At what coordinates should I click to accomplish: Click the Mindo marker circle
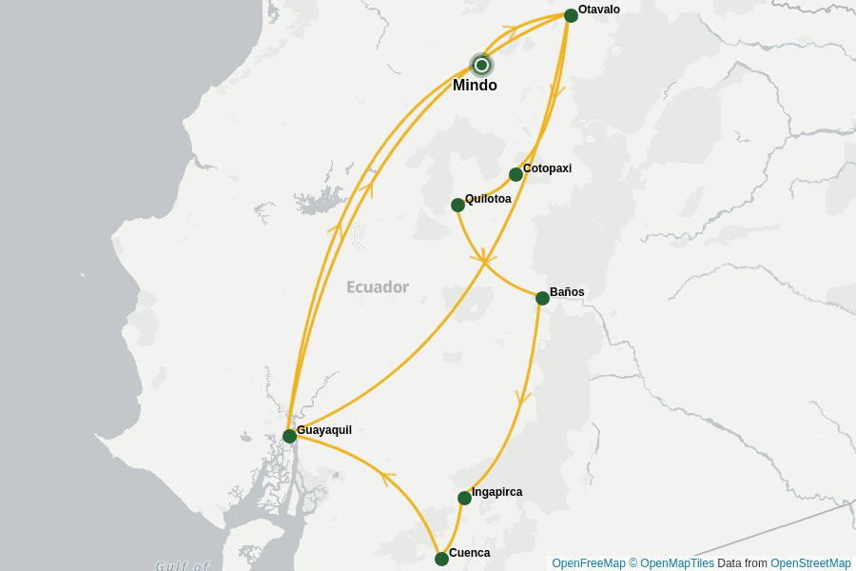pyautogui.click(x=482, y=65)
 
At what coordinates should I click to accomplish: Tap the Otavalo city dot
pyautogui.click(x=571, y=15)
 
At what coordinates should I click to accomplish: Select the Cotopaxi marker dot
pyautogui.click(x=516, y=174)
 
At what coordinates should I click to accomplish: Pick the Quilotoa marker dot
pyautogui.click(x=457, y=205)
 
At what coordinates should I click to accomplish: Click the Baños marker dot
pyautogui.click(x=542, y=298)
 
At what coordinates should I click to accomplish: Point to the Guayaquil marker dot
pyautogui.click(x=289, y=436)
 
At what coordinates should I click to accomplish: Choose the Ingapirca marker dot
pyautogui.click(x=464, y=498)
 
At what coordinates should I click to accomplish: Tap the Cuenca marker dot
pyautogui.click(x=441, y=559)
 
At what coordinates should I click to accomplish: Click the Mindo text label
pyautogui.click(x=475, y=86)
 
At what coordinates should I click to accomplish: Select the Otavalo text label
pyautogui.click(x=599, y=10)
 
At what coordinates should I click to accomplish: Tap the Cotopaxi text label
pyautogui.click(x=547, y=168)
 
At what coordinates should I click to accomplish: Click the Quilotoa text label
pyautogui.click(x=488, y=199)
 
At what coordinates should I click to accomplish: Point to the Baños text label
pyautogui.click(x=567, y=292)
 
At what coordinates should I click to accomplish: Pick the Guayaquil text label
pyautogui.click(x=324, y=430)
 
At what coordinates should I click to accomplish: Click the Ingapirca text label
pyautogui.click(x=496, y=492)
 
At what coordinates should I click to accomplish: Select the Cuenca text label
pyautogui.click(x=470, y=553)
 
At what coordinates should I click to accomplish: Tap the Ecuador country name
pyautogui.click(x=378, y=286)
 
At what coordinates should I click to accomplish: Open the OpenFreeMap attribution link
pyautogui.click(x=589, y=563)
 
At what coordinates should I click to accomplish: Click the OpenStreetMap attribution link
pyautogui.click(x=810, y=563)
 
